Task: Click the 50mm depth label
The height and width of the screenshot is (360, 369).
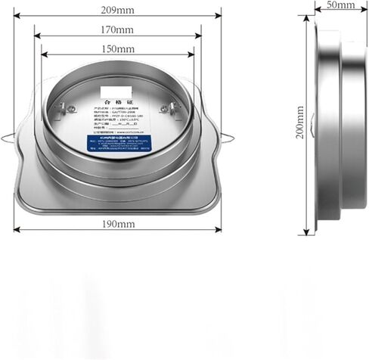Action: tap(340, 5)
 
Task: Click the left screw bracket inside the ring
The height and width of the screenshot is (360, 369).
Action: tap(67, 108)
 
